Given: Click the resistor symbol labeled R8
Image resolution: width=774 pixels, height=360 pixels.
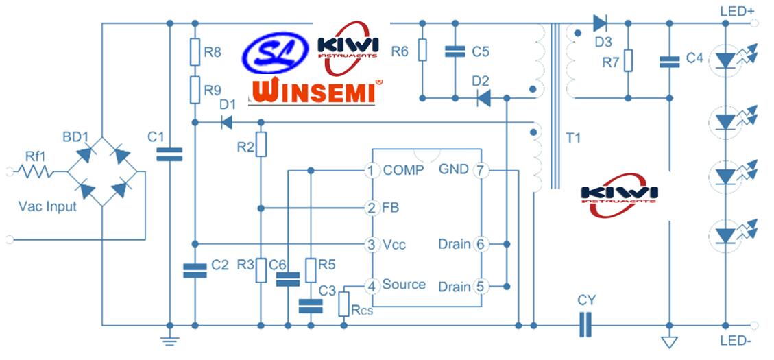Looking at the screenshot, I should tap(195, 51).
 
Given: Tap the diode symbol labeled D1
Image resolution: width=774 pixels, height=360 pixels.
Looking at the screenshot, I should tap(225, 123).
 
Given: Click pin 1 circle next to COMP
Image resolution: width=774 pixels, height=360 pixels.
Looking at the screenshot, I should tap(371, 170).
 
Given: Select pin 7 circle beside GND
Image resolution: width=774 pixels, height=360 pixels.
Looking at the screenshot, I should tap(482, 170).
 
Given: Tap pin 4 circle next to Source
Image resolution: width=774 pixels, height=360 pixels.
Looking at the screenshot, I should tap(371, 285).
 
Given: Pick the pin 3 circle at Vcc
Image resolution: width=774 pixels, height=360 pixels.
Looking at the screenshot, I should tap(371, 244).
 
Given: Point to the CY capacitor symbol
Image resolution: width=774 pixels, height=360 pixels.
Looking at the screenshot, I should tap(585, 324).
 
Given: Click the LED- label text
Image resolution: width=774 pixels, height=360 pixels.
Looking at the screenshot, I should tap(738, 341).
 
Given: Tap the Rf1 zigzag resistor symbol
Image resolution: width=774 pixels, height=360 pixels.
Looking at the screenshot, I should tap(36, 171).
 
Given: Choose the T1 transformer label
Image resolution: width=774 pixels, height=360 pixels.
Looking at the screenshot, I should tap(572, 138).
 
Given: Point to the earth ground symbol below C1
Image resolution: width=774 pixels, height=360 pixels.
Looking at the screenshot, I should tap(169, 339).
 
